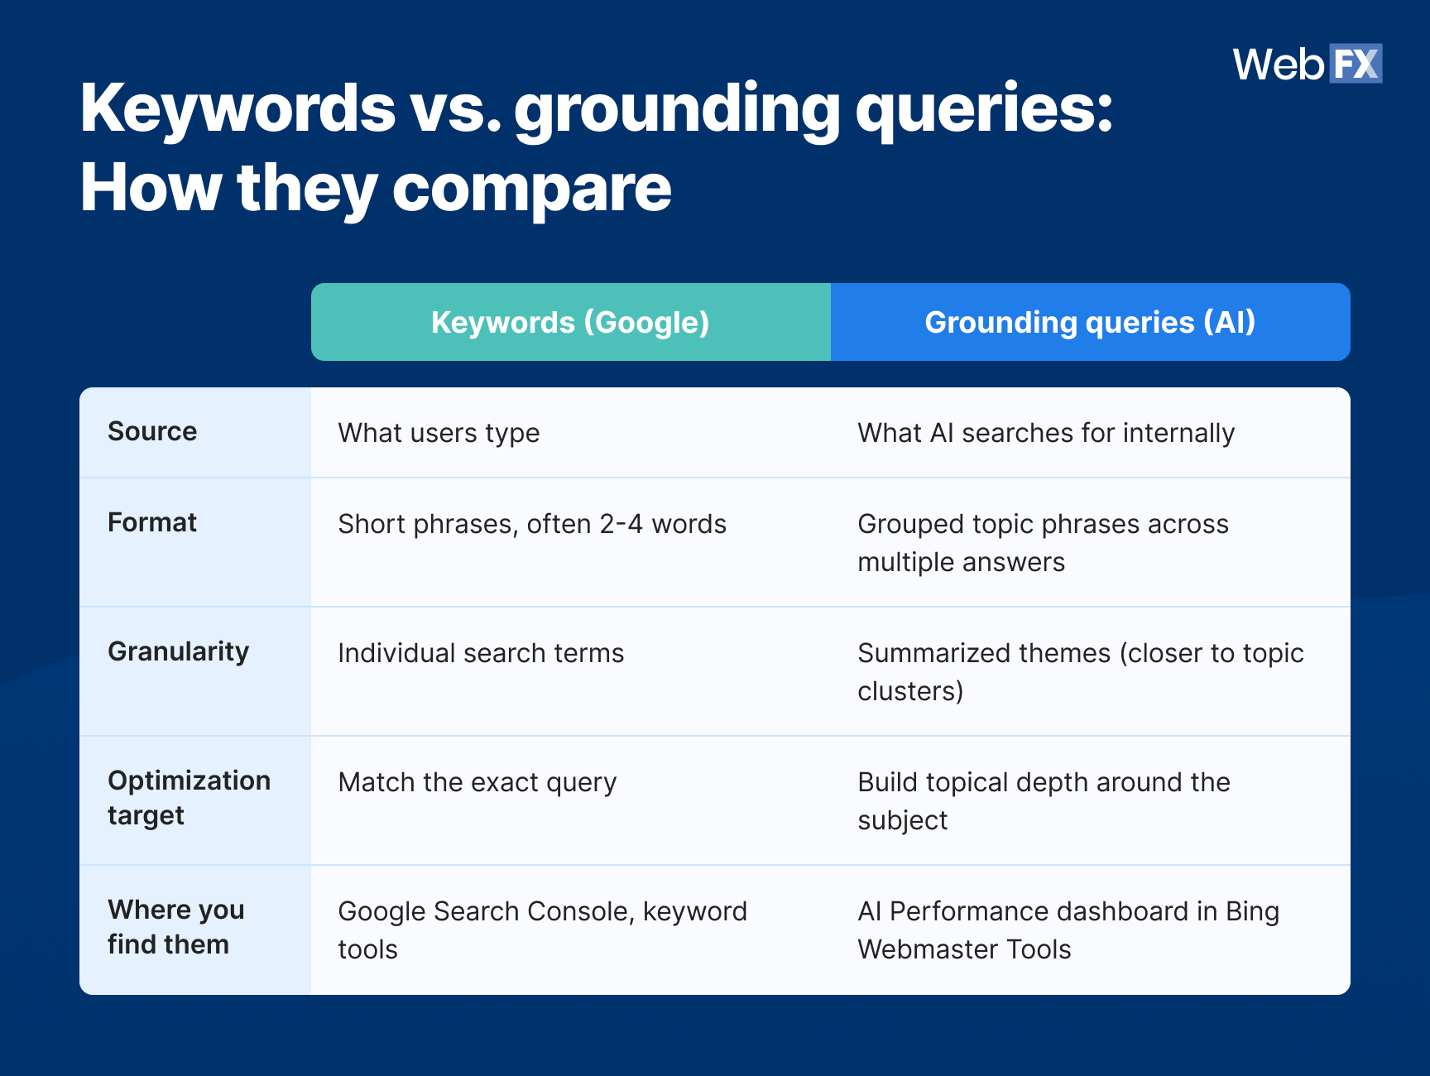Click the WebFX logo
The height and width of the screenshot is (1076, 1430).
pos(1307,64)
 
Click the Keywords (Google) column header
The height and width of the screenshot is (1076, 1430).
pos(570,322)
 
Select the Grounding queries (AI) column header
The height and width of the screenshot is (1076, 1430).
pos(1090,322)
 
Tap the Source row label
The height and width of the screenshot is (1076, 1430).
pos(152,431)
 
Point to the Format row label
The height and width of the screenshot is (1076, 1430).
pos(152,522)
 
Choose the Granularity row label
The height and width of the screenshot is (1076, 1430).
pos(178,651)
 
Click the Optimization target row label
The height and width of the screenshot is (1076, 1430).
pos(189,797)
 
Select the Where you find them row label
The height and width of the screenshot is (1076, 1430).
pos(175,926)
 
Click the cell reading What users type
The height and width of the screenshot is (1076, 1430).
pos(439,433)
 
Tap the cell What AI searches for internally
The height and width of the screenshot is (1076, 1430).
pos(1046,433)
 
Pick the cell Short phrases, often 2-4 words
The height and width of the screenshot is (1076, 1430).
pos(532,524)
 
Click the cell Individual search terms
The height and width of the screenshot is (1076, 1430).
pos(481,653)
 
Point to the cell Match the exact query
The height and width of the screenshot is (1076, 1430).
pos(477,782)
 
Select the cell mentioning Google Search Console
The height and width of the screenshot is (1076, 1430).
pos(542,929)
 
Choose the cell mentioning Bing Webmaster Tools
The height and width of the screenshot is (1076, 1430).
pos(1068,929)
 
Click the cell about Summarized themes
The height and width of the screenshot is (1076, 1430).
pos(1080,671)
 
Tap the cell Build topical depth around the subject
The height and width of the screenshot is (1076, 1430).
pos(1044,800)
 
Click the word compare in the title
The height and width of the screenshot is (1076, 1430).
pos(531,189)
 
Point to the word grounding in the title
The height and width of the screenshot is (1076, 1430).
pos(677,109)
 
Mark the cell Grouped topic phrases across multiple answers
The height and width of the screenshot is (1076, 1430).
pos(1043,542)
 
